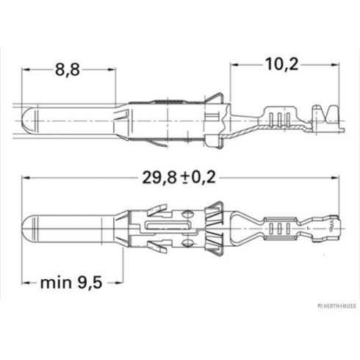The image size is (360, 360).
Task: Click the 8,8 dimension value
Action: pyautogui.click(x=68, y=69)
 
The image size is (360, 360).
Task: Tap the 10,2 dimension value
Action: pyautogui.click(x=282, y=65)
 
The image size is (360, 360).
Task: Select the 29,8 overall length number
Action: pyautogui.click(x=159, y=178)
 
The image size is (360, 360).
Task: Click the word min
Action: pyautogui.click(x=56, y=283)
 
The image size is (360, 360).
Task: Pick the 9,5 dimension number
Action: pyautogui.click(x=90, y=283)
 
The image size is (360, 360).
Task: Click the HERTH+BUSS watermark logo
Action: pyautogui.click(x=336, y=306)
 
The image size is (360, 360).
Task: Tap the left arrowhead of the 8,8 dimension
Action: pyautogui.click(x=25, y=69)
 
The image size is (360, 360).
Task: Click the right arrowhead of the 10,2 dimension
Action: pyautogui.click(x=335, y=65)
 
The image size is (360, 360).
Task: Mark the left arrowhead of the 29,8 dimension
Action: pyautogui.click(x=26, y=178)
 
